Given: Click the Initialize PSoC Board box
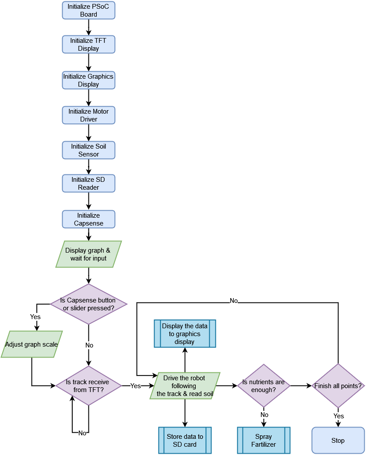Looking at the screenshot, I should pyautogui.click(x=88, y=10).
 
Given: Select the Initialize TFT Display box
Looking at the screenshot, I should pyautogui.click(x=88, y=45).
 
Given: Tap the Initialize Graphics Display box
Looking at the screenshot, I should pyautogui.click(x=88, y=80).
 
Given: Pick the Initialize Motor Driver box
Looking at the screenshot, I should pyautogui.click(x=88, y=115).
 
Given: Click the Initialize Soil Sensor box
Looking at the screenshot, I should pyautogui.click(x=88, y=150).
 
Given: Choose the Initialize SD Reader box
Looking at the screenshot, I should pyautogui.click(x=88, y=184).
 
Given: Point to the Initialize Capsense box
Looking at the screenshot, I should pyautogui.click(x=88, y=219).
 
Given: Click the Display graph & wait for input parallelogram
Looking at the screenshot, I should pyautogui.click(x=88, y=254).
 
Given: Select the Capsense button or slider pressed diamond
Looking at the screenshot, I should pyautogui.click(x=88, y=304).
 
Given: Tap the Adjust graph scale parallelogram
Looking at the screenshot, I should pyautogui.click(x=32, y=344).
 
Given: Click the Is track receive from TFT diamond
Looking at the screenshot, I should pyautogui.click(x=88, y=386).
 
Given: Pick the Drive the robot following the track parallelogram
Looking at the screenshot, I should pyautogui.click(x=184, y=386).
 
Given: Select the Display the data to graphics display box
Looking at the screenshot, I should pyautogui.click(x=184, y=333).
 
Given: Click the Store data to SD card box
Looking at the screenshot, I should pyautogui.click(x=185, y=440).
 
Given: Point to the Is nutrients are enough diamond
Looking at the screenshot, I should pyautogui.click(x=263, y=386).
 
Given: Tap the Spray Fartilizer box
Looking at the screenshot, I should pyautogui.click(x=264, y=440).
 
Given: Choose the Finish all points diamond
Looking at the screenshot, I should pyautogui.click(x=338, y=386).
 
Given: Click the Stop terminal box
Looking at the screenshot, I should pyautogui.click(x=338, y=440).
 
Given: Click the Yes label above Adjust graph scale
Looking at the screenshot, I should pyautogui.click(x=35, y=316).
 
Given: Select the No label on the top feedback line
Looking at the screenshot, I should pyautogui.click(x=234, y=301).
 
